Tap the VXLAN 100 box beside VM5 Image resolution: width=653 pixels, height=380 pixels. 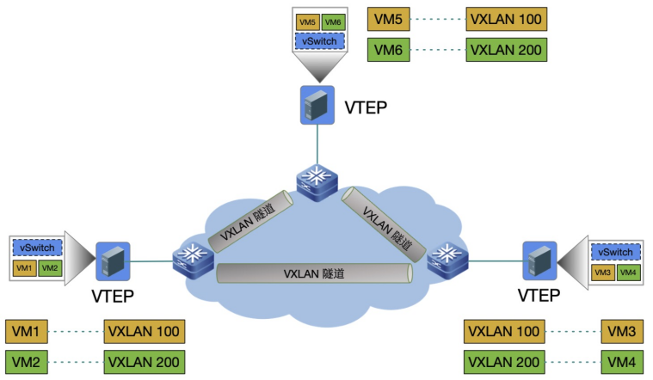(506, 19)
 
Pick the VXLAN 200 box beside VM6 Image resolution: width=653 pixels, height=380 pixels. (506, 50)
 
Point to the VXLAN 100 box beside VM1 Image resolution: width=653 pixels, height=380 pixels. (145, 332)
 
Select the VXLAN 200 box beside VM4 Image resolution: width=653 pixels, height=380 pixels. (504, 362)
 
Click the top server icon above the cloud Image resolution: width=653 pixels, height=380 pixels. (317, 104)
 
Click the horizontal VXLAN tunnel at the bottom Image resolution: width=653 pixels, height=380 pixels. (313, 273)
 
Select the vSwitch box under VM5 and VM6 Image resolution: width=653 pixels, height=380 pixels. (319, 40)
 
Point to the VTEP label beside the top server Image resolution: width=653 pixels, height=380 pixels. (366, 107)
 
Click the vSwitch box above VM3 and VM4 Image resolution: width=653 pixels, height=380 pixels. (615, 252)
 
